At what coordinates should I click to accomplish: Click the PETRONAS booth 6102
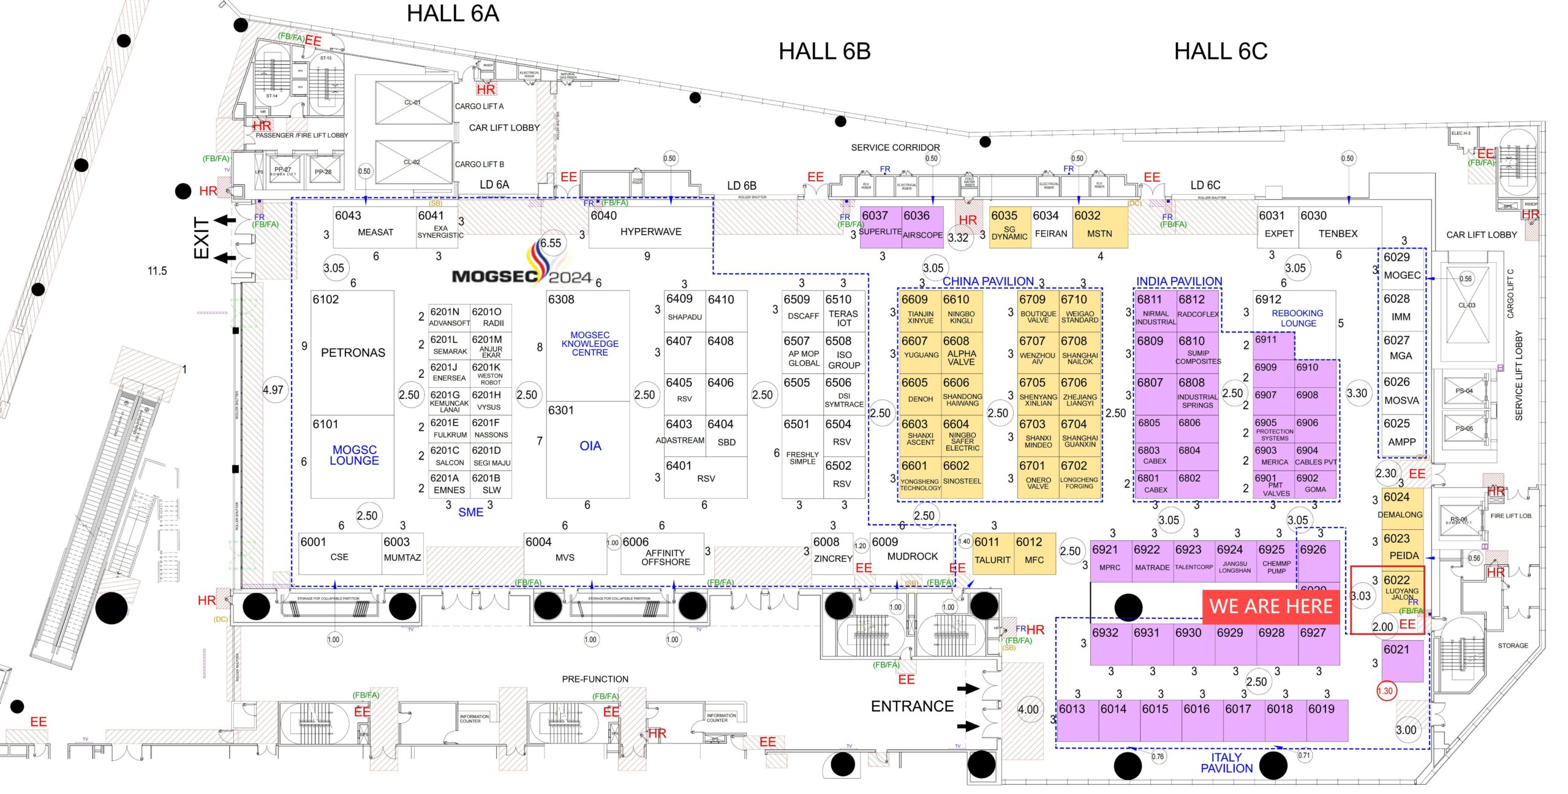click(353, 352)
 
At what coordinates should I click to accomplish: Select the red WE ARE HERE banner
click(1270, 607)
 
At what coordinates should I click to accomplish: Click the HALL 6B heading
click(824, 51)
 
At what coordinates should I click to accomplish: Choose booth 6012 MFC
click(1034, 553)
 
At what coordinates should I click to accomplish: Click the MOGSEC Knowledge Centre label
click(590, 344)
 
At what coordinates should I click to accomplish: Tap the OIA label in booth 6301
click(590, 446)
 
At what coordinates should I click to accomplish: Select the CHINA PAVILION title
click(987, 281)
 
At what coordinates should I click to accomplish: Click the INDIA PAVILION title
click(1179, 281)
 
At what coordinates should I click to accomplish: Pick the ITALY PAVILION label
click(1226, 763)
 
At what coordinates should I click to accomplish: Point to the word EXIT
click(202, 238)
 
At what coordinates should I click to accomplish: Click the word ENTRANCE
click(912, 706)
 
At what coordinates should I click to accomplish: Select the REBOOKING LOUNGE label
click(1297, 318)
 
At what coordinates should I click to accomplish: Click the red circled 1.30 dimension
click(1385, 691)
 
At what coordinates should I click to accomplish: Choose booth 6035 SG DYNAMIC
click(1009, 227)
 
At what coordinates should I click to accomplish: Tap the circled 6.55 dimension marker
click(551, 243)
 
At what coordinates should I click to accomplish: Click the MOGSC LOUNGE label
click(354, 455)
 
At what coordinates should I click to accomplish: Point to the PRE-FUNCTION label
click(595, 679)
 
